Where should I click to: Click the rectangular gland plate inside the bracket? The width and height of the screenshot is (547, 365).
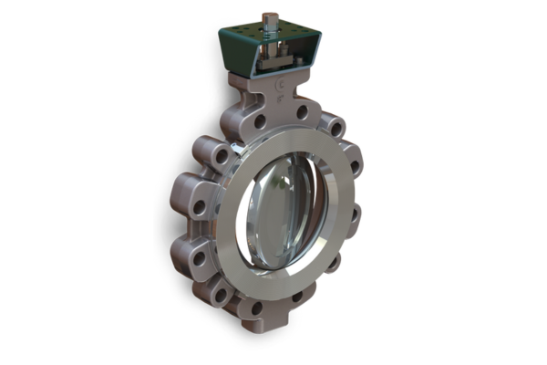coord(273,64)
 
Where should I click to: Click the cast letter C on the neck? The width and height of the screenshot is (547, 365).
coord(280,80)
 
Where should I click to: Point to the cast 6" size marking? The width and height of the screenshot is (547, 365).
coord(280,92)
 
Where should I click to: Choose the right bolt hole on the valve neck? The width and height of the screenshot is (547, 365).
coord(302,112)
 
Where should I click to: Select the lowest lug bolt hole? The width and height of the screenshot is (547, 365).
coord(256,308)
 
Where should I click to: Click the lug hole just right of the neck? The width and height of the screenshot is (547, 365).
coord(336,129)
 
